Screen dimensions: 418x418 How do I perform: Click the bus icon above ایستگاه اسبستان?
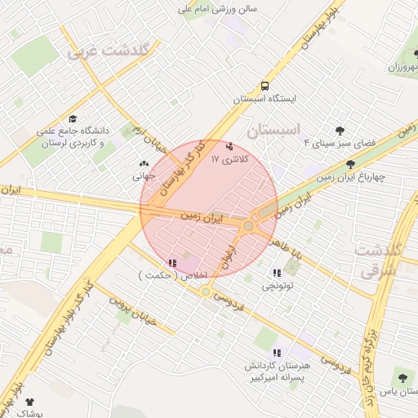(265, 86)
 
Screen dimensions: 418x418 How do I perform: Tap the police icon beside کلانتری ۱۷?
(228, 146)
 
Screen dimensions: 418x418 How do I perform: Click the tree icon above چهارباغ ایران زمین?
(350, 164)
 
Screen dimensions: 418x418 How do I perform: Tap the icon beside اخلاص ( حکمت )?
(171, 263)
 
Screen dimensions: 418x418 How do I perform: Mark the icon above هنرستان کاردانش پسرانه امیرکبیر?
(277, 353)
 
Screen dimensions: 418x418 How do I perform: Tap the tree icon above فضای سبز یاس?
(401, 377)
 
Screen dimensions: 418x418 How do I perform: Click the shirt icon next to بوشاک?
(30, 402)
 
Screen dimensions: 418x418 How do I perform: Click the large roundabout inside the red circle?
(248, 225)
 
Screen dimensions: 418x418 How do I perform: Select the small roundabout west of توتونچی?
(206, 291)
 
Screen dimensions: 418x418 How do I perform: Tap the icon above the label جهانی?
(144, 164)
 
